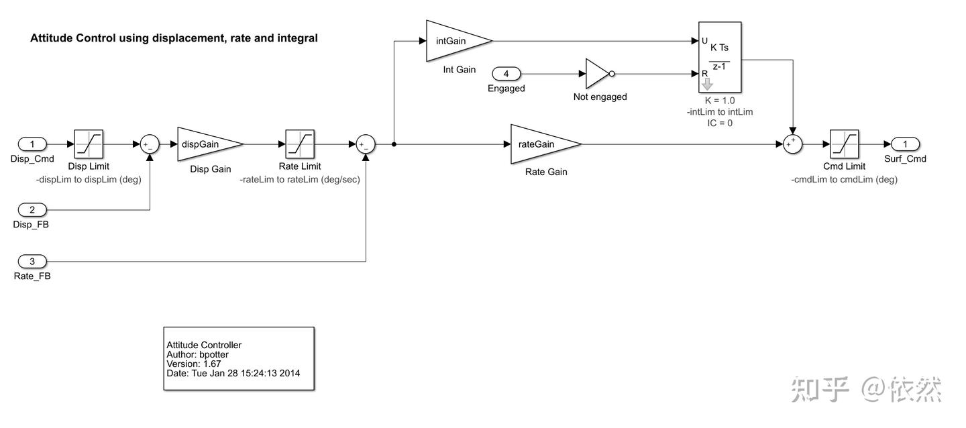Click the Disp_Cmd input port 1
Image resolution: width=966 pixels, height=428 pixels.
(32, 144)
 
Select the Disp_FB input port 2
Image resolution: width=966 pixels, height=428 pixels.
(32, 210)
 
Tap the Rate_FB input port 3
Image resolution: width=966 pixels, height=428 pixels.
(32, 261)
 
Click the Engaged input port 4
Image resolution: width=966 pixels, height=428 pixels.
(506, 73)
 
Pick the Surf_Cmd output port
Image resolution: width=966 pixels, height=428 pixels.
(905, 144)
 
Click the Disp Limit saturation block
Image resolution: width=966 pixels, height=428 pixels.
(89, 144)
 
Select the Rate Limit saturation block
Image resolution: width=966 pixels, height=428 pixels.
(300, 144)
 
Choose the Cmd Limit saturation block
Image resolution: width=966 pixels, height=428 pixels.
(844, 144)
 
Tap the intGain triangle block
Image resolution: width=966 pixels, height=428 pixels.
(454, 40)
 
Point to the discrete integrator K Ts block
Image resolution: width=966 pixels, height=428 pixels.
(720, 57)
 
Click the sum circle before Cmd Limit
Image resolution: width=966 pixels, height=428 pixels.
(794, 144)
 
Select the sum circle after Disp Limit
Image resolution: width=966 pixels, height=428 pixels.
(150, 144)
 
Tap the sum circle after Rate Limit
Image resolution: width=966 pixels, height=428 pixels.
(366, 144)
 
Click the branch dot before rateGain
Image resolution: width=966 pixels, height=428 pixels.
(394, 144)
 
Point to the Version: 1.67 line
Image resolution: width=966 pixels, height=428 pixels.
(194, 364)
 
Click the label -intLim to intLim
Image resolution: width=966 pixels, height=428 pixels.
(720, 112)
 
